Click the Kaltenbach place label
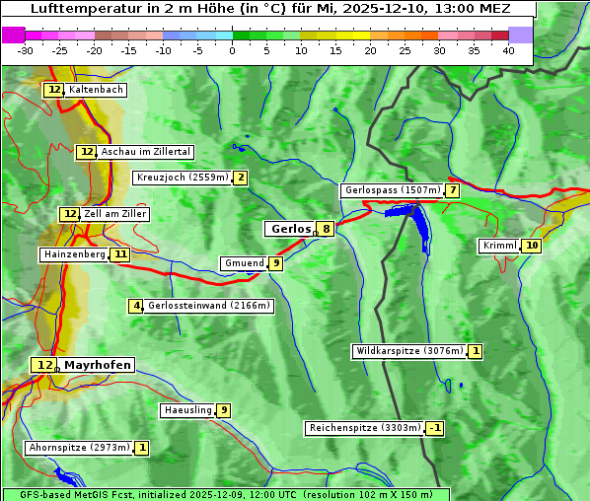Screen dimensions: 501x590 coord(96,90)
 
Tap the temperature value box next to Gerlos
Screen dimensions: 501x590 coord(326,229)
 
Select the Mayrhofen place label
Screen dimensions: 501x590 coord(98,365)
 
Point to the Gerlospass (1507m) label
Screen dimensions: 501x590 coord(392,190)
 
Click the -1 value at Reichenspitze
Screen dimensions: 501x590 coord(434,428)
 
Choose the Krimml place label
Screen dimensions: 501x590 coord(499,246)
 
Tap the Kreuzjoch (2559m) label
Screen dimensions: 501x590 coord(182,178)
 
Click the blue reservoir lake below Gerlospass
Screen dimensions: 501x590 coord(418,228)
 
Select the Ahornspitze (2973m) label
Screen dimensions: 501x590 coord(79,448)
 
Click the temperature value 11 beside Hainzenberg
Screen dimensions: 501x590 coord(120,254)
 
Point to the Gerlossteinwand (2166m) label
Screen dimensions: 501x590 coord(208,306)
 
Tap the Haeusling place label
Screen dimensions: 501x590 coord(187,410)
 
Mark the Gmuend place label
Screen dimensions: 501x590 coord(244,263)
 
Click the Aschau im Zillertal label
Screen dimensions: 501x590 coord(146,152)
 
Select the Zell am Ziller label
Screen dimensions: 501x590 coord(115,214)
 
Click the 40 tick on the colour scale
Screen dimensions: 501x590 coord(508,50)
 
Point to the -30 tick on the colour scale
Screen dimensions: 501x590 coord(26,50)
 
